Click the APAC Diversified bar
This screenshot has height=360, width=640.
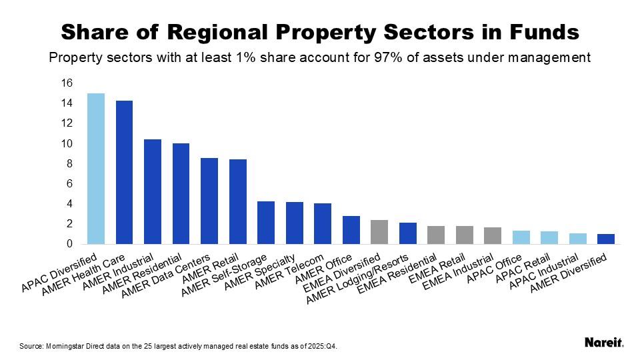click(x=96, y=169)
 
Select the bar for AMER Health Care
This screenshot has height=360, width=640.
click(x=124, y=172)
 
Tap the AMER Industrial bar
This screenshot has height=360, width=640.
click(x=153, y=191)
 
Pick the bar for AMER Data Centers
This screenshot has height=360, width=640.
click(x=209, y=201)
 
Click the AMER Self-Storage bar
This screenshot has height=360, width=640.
click(x=266, y=223)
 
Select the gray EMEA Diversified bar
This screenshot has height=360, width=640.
click(x=379, y=232)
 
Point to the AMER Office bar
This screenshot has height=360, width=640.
click(x=351, y=230)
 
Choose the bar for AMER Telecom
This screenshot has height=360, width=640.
click(x=323, y=223)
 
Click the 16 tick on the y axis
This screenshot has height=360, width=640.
click(x=67, y=83)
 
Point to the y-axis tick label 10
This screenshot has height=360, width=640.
click(x=67, y=144)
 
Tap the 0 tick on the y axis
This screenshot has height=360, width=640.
click(x=69, y=244)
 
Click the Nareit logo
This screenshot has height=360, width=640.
click(x=604, y=343)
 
